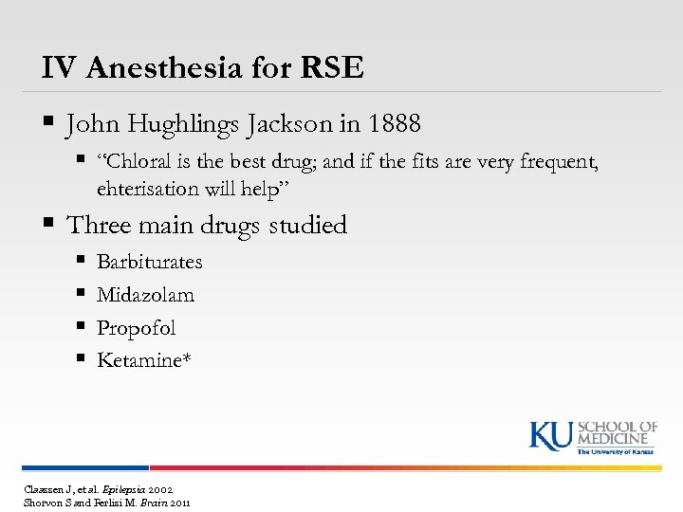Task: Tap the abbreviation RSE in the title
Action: click(331, 67)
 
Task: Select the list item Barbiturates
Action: click(149, 262)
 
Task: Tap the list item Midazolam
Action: click(145, 295)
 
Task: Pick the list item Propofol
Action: click(136, 328)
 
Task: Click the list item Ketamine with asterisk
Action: click(143, 360)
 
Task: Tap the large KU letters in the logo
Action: click(550, 435)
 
